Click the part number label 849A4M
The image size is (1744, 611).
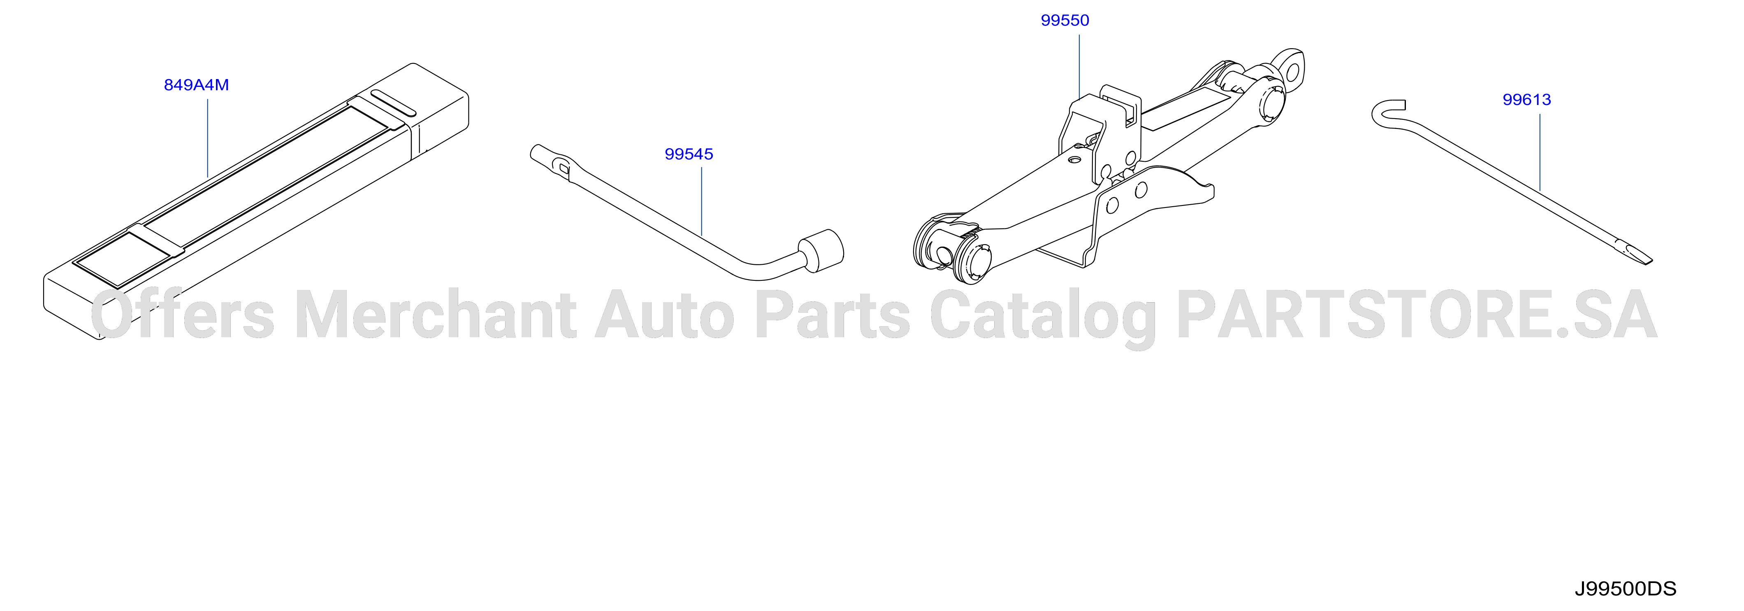[196, 85]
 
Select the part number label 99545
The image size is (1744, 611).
[689, 154]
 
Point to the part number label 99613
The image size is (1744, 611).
[1527, 100]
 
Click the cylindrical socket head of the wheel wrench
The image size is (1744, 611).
[821, 251]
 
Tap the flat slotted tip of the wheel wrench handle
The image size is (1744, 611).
[551, 160]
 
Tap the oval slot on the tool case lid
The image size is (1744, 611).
[393, 102]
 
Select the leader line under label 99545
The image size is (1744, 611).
[702, 201]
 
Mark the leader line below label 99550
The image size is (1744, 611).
[1079, 66]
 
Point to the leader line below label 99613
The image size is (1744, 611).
[1540, 152]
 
